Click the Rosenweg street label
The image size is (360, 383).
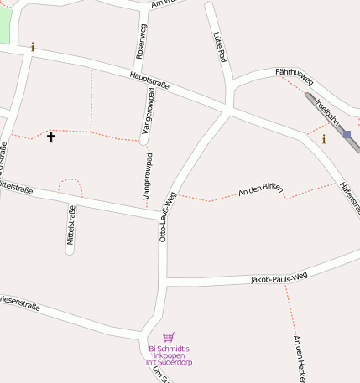[141, 40]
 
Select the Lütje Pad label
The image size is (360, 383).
[221, 47]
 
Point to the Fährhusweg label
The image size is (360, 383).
[294, 78]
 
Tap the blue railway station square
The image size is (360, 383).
[347, 134]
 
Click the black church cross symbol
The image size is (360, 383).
[50, 136]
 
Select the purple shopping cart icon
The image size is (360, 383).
[169, 337]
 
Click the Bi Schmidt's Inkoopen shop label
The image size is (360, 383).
[169, 355]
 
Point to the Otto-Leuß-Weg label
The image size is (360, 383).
[167, 217]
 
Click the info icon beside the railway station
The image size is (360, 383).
[324, 139]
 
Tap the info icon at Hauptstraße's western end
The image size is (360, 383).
[33, 47]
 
